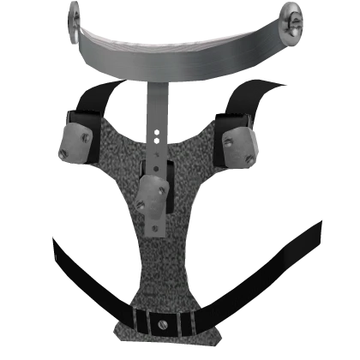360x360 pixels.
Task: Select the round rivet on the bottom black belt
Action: [162, 324]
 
